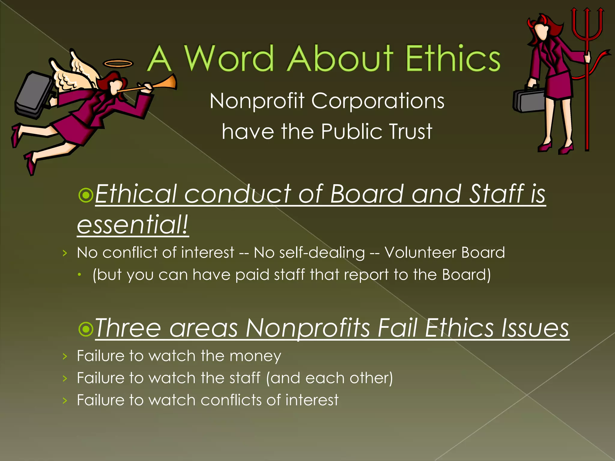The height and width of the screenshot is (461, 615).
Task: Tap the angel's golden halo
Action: (x=118, y=63)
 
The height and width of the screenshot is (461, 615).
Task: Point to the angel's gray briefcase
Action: (x=34, y=93)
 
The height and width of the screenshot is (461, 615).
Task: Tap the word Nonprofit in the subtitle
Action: (x=257, y=101)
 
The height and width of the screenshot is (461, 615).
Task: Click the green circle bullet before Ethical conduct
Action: (x=86, y=195)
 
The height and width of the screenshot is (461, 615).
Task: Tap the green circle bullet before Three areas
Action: (x=86, y=329)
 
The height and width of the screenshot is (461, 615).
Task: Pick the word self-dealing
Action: (x=322, y=253)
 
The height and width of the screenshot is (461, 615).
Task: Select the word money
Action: (x=255, y=356)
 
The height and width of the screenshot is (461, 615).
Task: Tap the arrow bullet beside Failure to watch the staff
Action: (x=65, y=378)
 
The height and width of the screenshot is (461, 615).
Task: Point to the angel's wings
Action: (x=75, y=72)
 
